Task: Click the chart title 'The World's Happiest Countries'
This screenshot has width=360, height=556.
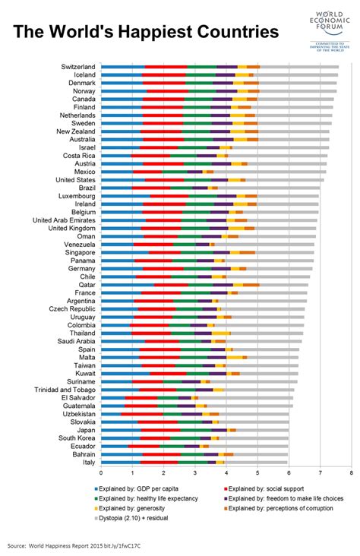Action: (145, 31)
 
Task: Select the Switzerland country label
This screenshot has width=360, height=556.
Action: (78, 67)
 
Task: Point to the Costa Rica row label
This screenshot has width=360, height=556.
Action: (79, 155)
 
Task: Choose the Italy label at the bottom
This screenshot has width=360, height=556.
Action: (88, 462)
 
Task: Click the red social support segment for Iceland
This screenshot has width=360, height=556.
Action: (166, 75)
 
